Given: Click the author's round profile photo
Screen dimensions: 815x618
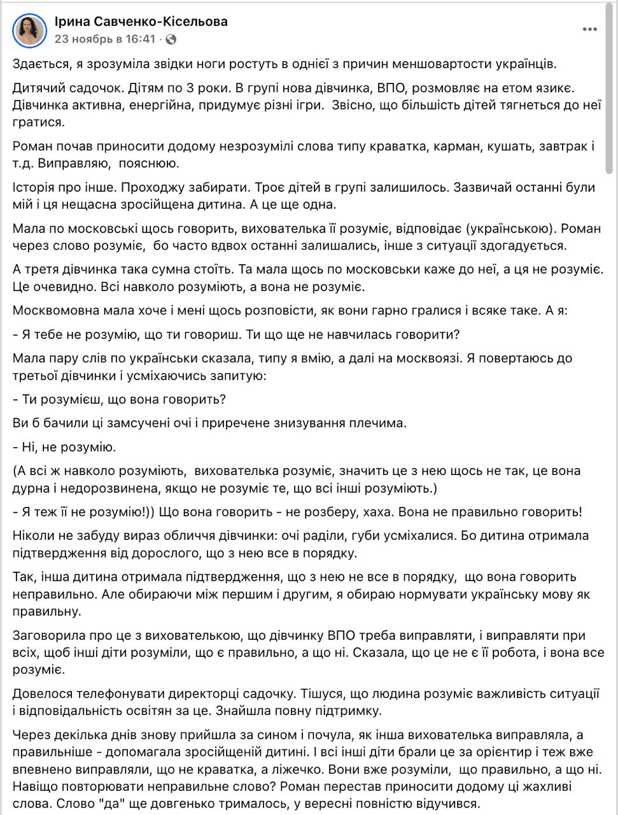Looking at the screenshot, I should [x=29, y=30].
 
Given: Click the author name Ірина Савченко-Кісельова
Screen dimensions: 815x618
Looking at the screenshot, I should [x=141, y=22].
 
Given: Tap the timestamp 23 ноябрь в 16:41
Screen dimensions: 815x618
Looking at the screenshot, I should [x=105, y=39].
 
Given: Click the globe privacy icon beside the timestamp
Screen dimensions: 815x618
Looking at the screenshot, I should [x=170, y=39].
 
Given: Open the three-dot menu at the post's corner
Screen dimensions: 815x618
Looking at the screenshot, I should [x=589, y=30].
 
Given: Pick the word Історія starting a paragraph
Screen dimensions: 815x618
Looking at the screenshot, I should [x=34, y=188].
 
